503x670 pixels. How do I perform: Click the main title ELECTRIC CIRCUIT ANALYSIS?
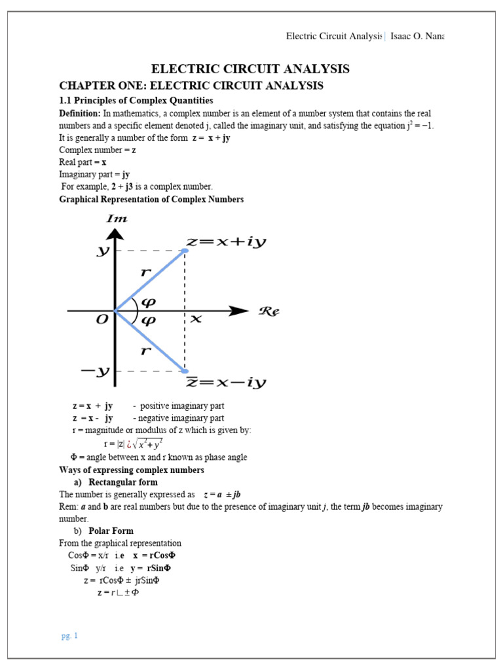point(251,69)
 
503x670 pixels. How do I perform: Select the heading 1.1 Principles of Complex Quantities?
point(136,100)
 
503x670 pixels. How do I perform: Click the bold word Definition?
point(80,113)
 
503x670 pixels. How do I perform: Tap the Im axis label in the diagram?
point(117,219)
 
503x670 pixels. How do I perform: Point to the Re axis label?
point(269,311)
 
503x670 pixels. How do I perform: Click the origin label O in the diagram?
point(102,319)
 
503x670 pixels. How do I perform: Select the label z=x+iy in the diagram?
point(227,242)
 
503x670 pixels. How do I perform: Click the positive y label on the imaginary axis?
point(102,251)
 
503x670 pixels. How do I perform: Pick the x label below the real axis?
point(195,319)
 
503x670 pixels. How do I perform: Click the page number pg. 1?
point(69,635)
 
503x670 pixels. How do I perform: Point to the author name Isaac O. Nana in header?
point(417,36)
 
